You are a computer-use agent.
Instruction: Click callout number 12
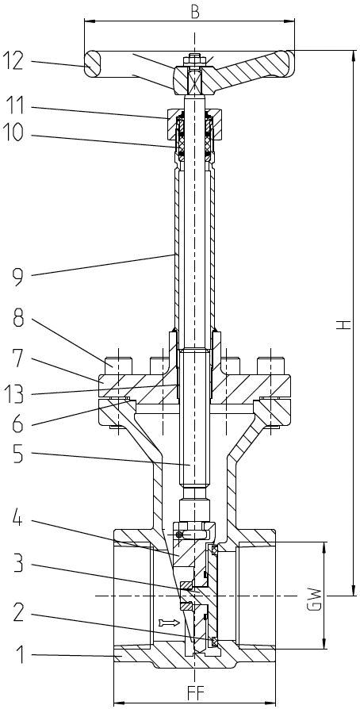point(13,61)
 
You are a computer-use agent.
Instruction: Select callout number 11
point(13,106)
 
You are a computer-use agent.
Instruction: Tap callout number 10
point(13,133)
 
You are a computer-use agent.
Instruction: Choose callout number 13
point(14,394)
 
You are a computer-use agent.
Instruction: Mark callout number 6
point(18,424)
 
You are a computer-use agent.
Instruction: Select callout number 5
point(18,453)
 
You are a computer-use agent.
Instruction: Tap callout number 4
point(18,520)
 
